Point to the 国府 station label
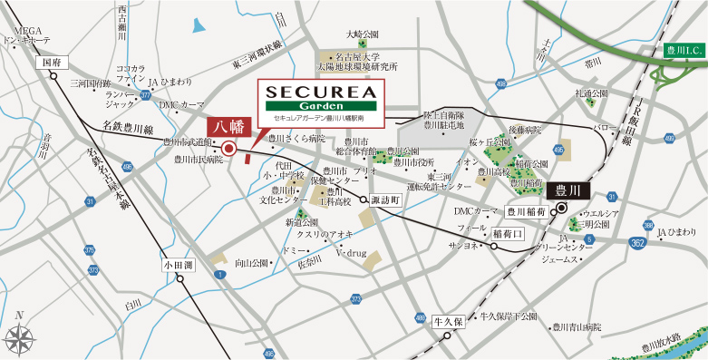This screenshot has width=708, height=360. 49,63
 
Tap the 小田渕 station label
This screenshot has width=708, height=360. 179,266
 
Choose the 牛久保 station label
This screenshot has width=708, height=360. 449,321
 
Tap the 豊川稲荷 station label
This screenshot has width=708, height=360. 527,212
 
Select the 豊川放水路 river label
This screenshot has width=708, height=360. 664,341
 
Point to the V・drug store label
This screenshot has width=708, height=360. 351,253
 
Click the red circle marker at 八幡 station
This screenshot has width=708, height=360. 228,149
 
